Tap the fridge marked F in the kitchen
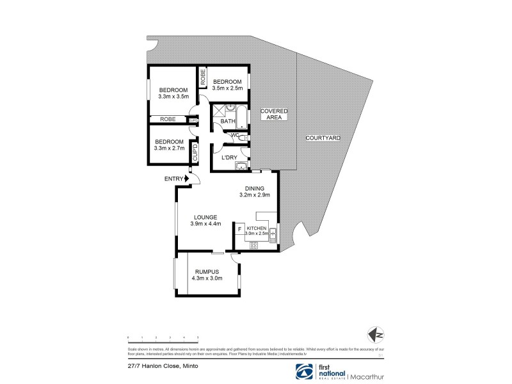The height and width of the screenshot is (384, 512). pyautogui.click(x=239, y=228)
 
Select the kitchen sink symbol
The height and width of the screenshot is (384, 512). pyautogui.click(x=273, y=235)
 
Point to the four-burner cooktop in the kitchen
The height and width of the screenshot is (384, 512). pyautogui.click(x=253, y=244)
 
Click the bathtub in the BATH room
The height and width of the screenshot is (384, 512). pyautogui.click(x=240, y=119)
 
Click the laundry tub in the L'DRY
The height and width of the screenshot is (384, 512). pyautogui.click(x=241, y=166)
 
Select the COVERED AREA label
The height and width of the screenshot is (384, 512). pyautogui.click(x=273, y=114)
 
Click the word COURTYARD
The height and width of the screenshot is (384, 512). pyautogui.click(x=323, y=138)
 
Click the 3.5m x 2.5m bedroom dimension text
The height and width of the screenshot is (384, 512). pyautogui.click(x=227, y=89)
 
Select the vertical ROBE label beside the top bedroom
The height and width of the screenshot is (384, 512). pyautogui.click(x=203, y=78)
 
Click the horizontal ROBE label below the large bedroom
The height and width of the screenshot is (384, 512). pyautogui.click(x=168, y=119)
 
